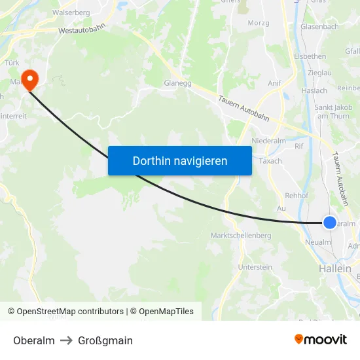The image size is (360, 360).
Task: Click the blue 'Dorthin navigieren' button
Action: pyautogui.click(x=180, y=160)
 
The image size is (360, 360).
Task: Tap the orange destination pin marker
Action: pyautogui.click(x=30, y=80)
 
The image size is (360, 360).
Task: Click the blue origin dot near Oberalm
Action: pyautogui.click(x=330, y=223)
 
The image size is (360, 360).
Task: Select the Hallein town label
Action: pyautogui.click(x=334, y=269)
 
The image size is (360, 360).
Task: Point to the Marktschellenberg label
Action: pyautogui.click(x=241, y=236)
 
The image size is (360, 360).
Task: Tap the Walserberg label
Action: pyautogui.click(x=71, y=12)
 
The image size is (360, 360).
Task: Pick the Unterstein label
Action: pyautogui.click(x=255, y=267)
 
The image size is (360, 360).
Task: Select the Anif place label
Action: pyautogui.click(x=274, y=83)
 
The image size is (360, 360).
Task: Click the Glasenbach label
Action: pyautogui.click(x=319, y=27)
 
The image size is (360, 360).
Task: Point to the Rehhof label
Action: pyautogui.click(x=297, y=196)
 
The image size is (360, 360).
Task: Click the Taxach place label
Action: pyautogui.click(x=270, y=161)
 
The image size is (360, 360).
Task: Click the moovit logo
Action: pyautogui.click(x=321, y=340)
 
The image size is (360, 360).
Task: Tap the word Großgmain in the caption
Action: pyautogui.click(x=105, y=340)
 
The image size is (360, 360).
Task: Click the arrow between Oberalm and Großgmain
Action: pyautogui.click(x=66, y=340)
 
